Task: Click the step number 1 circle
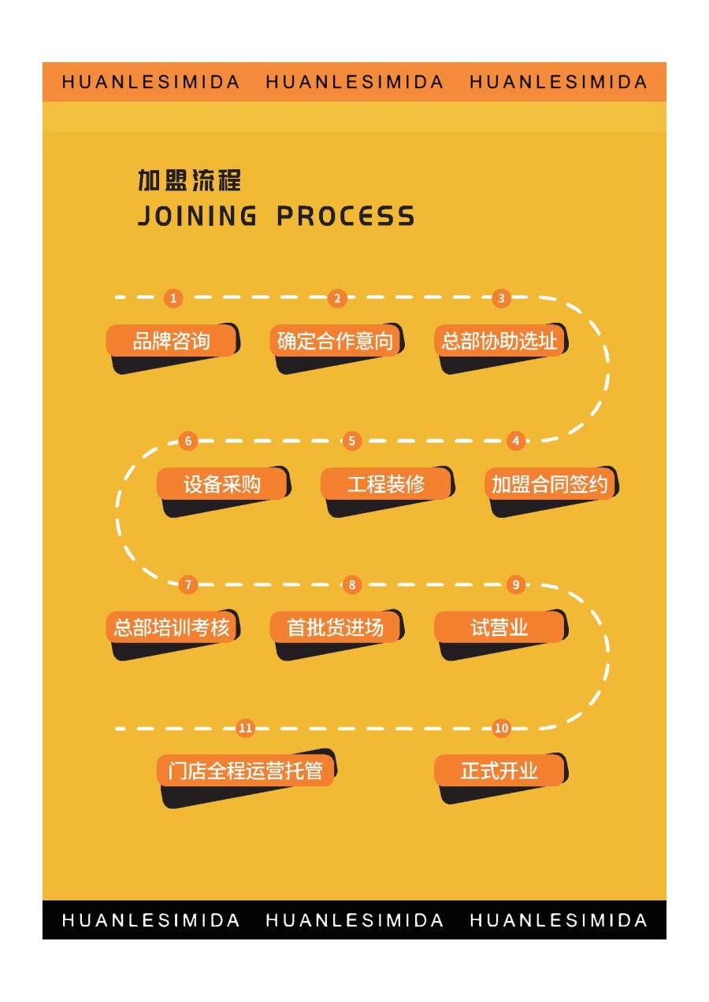click(173, 298)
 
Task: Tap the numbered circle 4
click(516, 441)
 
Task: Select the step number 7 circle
click(188, 585)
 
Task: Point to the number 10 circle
click(501, 728)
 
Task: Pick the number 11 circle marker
click(245, 728)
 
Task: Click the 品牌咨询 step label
click(172, 341)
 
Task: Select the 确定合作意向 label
click(336, 341)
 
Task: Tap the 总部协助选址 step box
click(500, 341)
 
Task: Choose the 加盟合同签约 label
click(550, 484)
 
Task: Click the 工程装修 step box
click(386, 484)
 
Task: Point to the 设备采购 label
click(222, 484)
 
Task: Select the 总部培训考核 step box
click(172, 627)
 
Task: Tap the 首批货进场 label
click(336, 627)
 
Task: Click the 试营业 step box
click(500, 627)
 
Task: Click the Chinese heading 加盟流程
click(189, 180)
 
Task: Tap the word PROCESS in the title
click(346, 216)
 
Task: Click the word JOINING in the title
click(198, 216)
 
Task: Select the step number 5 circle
click(352, 441)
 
